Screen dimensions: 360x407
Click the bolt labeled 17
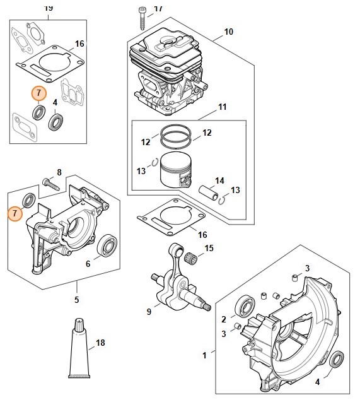click(142, 19)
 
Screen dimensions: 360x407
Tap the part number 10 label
click(228, 32)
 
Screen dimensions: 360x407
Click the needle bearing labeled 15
click(191, 256)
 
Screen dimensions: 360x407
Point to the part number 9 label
click(149, 312)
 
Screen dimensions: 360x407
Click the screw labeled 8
click(50, 183)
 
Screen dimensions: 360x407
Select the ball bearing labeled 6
click(107, 245)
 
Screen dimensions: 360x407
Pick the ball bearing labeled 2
click(245, 306)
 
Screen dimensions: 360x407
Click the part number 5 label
click(76, 300)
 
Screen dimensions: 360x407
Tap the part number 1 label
click(205, 355)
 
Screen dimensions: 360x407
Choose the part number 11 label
click(223, 107)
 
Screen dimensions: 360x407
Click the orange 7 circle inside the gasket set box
click(39, 93)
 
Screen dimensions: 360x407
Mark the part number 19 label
click(49, 8)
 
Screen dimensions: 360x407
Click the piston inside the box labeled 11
click(176, 169)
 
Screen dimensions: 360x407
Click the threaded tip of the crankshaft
click(206, 307)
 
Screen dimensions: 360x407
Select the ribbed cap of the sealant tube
click(79, 324)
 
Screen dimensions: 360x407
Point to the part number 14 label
click(219, 180)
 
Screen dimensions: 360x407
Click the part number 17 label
click(158, 9)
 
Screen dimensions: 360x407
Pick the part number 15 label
click(209, 248)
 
